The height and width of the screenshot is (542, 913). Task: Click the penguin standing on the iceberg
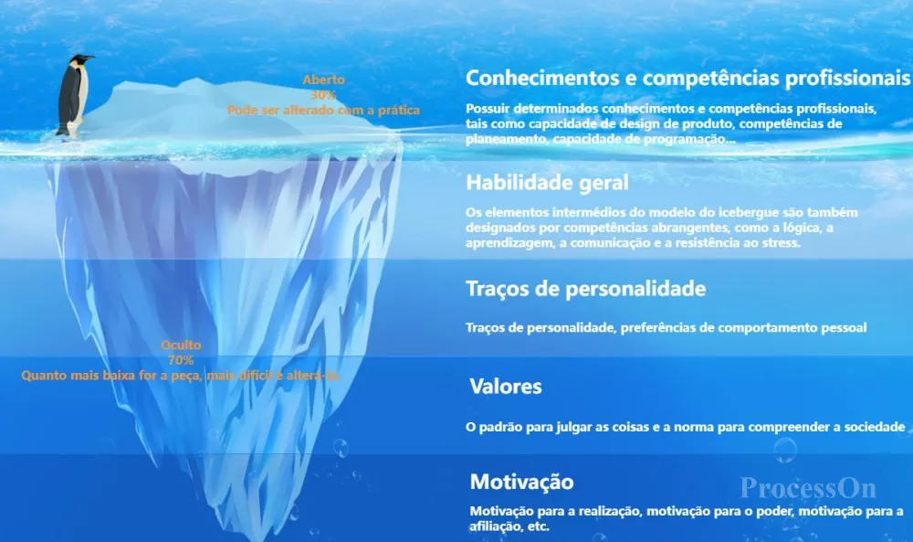[x=74, y=96]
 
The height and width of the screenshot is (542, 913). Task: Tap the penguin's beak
[x=89, y=58]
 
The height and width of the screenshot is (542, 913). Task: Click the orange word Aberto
[x=324, y=80]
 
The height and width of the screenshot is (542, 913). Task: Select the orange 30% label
[x=324, y=95]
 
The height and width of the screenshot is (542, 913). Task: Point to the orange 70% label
[x=181, y=360]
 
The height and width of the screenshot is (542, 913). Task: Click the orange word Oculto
[x=181, y=345]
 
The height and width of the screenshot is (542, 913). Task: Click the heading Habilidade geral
[x=547, y=183]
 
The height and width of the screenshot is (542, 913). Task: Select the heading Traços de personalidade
[x=586, y=289]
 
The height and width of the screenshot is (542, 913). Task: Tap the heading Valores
[x=506, y=387]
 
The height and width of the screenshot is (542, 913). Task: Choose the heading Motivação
[x=521, y=482]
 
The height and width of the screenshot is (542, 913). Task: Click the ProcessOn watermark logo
[x=808, y=488]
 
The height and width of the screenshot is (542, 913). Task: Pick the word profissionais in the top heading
[x=847, y=79]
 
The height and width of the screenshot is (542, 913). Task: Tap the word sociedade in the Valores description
[x=875, y=427]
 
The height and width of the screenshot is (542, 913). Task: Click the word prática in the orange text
[x=399, y=111]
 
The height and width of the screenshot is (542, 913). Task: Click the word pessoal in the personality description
[x=844, y=328]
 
